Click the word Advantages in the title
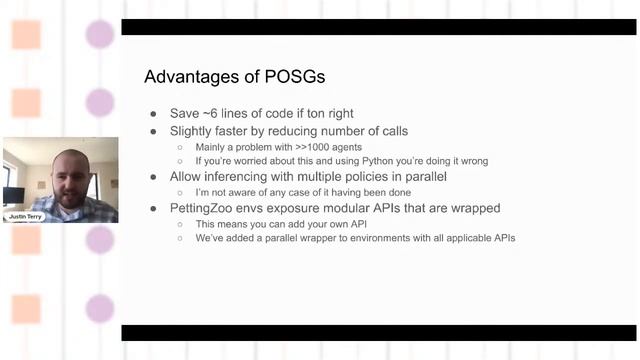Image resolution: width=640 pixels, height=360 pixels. (x=186, y=77)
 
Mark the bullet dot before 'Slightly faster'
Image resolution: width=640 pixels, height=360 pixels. (x=152, y=131)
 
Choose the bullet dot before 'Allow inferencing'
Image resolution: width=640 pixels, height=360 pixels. (x=152, y=177)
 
